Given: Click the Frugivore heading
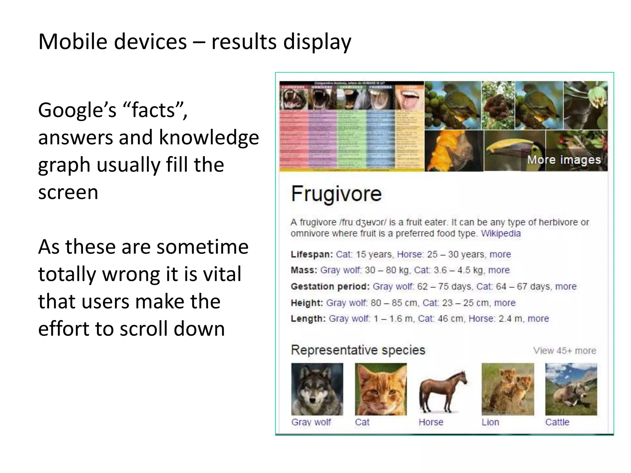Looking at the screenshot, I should [x=336, y=194].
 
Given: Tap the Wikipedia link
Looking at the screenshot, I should [x=501, y=233].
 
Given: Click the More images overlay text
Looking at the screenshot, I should [x=564, y=160].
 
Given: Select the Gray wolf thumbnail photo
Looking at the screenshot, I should [x=317, y=389].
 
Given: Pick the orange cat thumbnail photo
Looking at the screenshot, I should [x=381, y=389].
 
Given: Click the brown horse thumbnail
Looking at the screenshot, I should [x=443, y=391].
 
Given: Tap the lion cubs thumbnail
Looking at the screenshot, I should [x=507, y=389].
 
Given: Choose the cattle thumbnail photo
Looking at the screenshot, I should [x=571, y=389].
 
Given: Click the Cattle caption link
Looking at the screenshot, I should [x=557, y=422].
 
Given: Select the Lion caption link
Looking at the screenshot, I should [x=490, y=422].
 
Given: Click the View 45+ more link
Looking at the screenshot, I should [x=564, y=351].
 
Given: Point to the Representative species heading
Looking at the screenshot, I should [x=358, y=350].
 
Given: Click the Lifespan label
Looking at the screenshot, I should [x=311, y=254].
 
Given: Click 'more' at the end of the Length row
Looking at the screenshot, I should [x=538, y=318].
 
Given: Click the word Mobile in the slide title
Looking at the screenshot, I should [x=73, y=42].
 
